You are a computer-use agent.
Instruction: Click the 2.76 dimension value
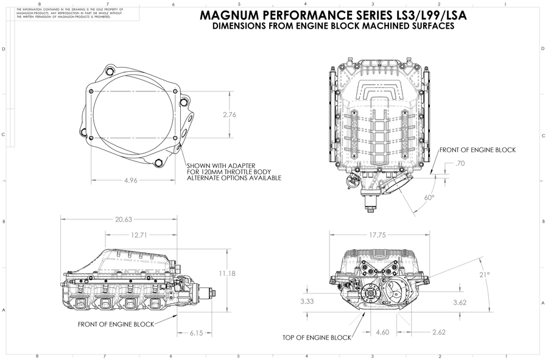click(x=230, y=115)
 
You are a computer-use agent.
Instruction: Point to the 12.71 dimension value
click(x=138, y=235)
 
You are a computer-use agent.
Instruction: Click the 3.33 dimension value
click(x=307, y=302)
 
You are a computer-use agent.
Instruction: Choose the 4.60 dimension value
click(x=382, y=333)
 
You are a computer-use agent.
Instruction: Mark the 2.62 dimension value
click(x=438, y=333)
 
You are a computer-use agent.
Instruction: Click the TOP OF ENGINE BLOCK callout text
click(x=317, y=337)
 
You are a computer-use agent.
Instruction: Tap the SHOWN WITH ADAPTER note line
click(x=220, y=166)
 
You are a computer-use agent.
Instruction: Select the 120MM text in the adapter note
click(x=210, y=172)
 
